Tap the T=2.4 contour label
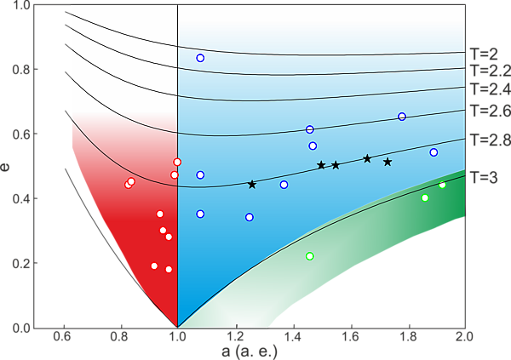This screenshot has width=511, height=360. tap(489, 89)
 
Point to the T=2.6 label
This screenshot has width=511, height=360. tap(489, 109)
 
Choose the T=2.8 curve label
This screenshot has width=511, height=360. tap(489, 138)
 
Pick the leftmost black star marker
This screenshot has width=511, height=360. tap(252, 185)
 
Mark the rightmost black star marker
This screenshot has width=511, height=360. tap(388, 162)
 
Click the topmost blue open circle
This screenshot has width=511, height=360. tap(200, 58)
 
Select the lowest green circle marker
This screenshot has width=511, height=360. tap(310, 256)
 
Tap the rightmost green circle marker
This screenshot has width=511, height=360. tap(442, 185)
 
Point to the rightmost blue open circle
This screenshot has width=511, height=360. tap(433, 152)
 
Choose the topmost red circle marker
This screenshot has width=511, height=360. tap(177, 162)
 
